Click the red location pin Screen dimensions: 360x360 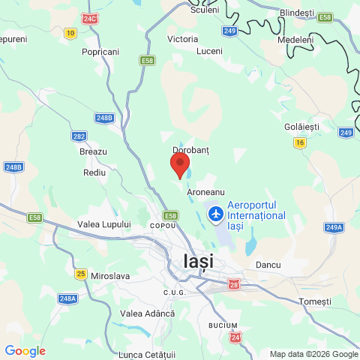point(180,163)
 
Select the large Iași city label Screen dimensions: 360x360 point(198,262)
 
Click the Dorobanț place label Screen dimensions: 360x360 point(190,150)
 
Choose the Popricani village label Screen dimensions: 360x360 point(101,52)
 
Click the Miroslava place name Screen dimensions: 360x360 point(109,276)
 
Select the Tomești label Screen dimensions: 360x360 point(314,301)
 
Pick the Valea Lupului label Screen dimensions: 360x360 point(104,224)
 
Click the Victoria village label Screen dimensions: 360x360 point(183,38)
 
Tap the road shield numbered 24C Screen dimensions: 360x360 point(91,18)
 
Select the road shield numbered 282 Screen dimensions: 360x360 point(79,136)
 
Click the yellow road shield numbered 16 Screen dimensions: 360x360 point(300,142)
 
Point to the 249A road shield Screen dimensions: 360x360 point(334,226)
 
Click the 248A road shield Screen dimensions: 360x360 point(67,298)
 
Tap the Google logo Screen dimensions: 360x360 point(25,351)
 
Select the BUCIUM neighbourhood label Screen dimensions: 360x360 point(223,325)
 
